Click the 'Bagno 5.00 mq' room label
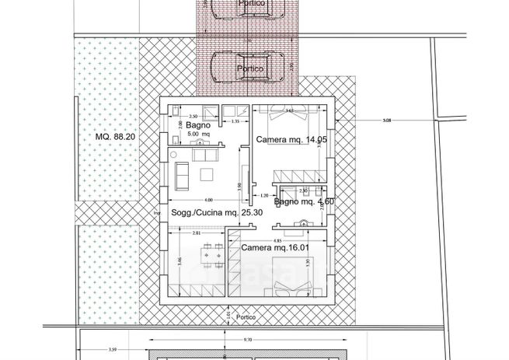(x=197, y=129)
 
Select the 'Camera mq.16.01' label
(x=275, y=247)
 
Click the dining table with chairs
(x=208, y=254)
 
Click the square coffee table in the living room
(x=207, y=173)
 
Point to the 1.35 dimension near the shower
(x=235, y=122)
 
